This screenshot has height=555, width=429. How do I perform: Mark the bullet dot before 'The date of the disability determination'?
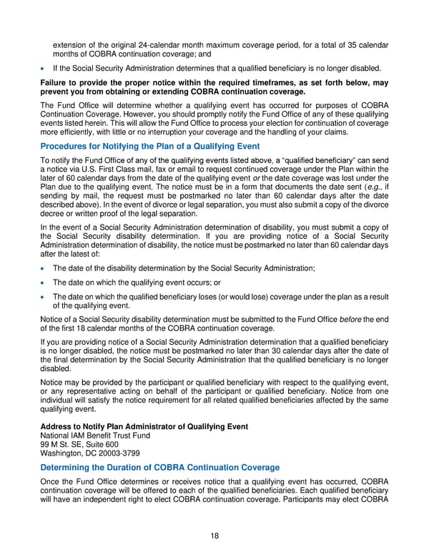pos(45,268)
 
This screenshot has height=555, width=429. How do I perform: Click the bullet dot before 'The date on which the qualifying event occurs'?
pos(45,283)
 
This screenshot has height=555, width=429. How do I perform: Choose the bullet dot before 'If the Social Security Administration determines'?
pos(45,68)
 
